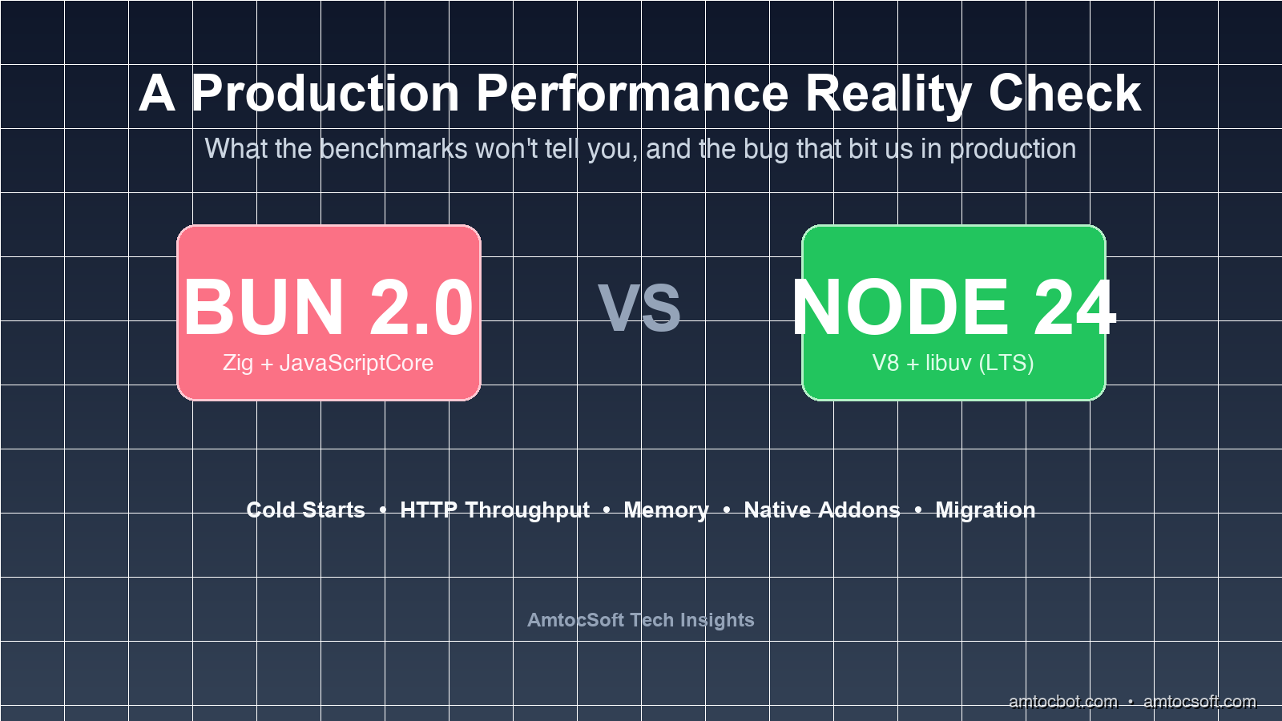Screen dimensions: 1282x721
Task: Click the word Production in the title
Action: [x=325, y=93]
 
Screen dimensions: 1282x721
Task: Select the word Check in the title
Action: [x=1065, y=93]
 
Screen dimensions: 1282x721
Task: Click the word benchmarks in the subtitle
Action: [x=393, y=149]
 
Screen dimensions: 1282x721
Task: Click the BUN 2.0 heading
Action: [x=329, y=308]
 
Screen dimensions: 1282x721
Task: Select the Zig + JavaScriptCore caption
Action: [x=328, y=364]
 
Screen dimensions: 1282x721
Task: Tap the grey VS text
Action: [x=639, y=308]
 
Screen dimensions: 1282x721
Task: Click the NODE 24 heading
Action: [x=953, y=308]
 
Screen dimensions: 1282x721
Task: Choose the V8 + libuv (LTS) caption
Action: [x=953, y=364]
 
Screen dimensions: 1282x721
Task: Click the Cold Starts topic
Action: [x=305, y=510]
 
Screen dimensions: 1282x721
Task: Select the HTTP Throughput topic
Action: [x=494, y=510]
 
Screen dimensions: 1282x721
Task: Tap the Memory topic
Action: [x=666, y=510]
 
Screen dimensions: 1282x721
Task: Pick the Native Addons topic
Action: [x=822, y=510]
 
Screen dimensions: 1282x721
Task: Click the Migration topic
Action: [x=985, y=510]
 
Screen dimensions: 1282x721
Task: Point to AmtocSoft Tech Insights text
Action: [x=640, y=620]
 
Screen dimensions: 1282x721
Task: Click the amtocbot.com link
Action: [x=1062, y=702]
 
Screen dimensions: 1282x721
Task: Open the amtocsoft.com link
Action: [x=1199, y=702]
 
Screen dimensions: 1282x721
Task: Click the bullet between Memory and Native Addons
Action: [x=726, y=510]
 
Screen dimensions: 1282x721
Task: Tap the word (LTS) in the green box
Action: [x=1006, y=364]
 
